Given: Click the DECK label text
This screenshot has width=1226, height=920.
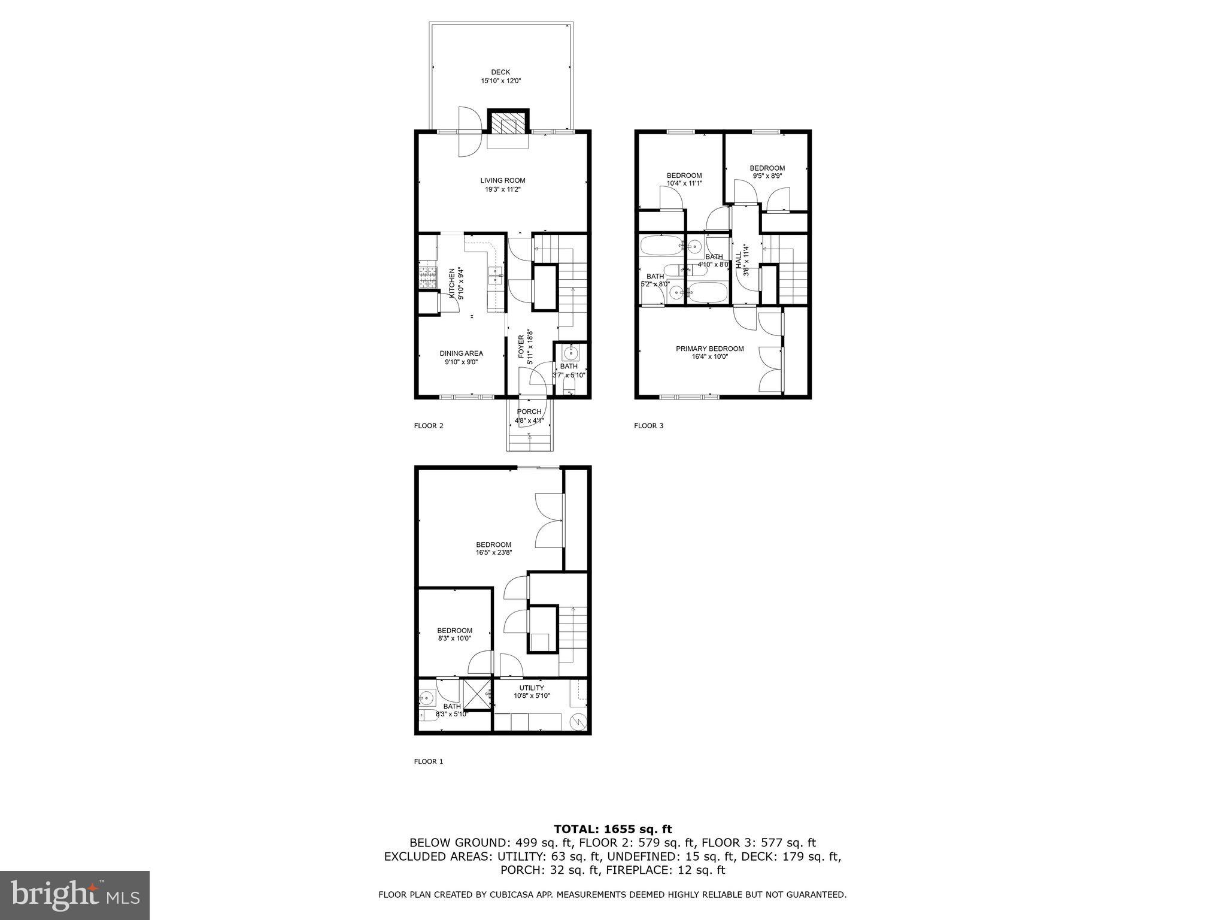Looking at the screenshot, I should [x=500, y=72].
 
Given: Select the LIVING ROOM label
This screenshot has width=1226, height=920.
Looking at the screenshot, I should [x=502, y=180].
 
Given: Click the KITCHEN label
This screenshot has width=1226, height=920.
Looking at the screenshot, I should [x=452, y=283].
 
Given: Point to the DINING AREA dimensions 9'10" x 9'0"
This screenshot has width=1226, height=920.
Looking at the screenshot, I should [x=461, y=362].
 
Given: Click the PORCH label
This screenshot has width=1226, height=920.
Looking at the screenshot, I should [x=529, y=411].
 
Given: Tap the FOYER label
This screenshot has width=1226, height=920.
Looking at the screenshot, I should [x=521, y=347].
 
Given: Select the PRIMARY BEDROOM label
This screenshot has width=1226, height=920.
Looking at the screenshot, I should [x=710, y=349].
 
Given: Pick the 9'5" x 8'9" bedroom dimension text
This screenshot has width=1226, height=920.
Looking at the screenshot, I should [x=767, y=176].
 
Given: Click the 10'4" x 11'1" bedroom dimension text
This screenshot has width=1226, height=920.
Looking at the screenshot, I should [x=684, y=183].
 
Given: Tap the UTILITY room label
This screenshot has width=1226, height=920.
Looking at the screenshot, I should [x=532, y=688].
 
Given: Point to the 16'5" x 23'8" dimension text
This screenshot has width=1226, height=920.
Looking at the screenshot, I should [x=494, y=553].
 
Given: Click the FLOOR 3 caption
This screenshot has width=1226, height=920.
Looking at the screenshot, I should [x=649, y=426].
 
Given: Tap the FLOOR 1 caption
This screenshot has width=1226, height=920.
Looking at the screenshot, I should [x=429, y=762].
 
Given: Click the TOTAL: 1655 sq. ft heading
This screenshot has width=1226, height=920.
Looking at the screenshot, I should [x=612, y=830].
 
